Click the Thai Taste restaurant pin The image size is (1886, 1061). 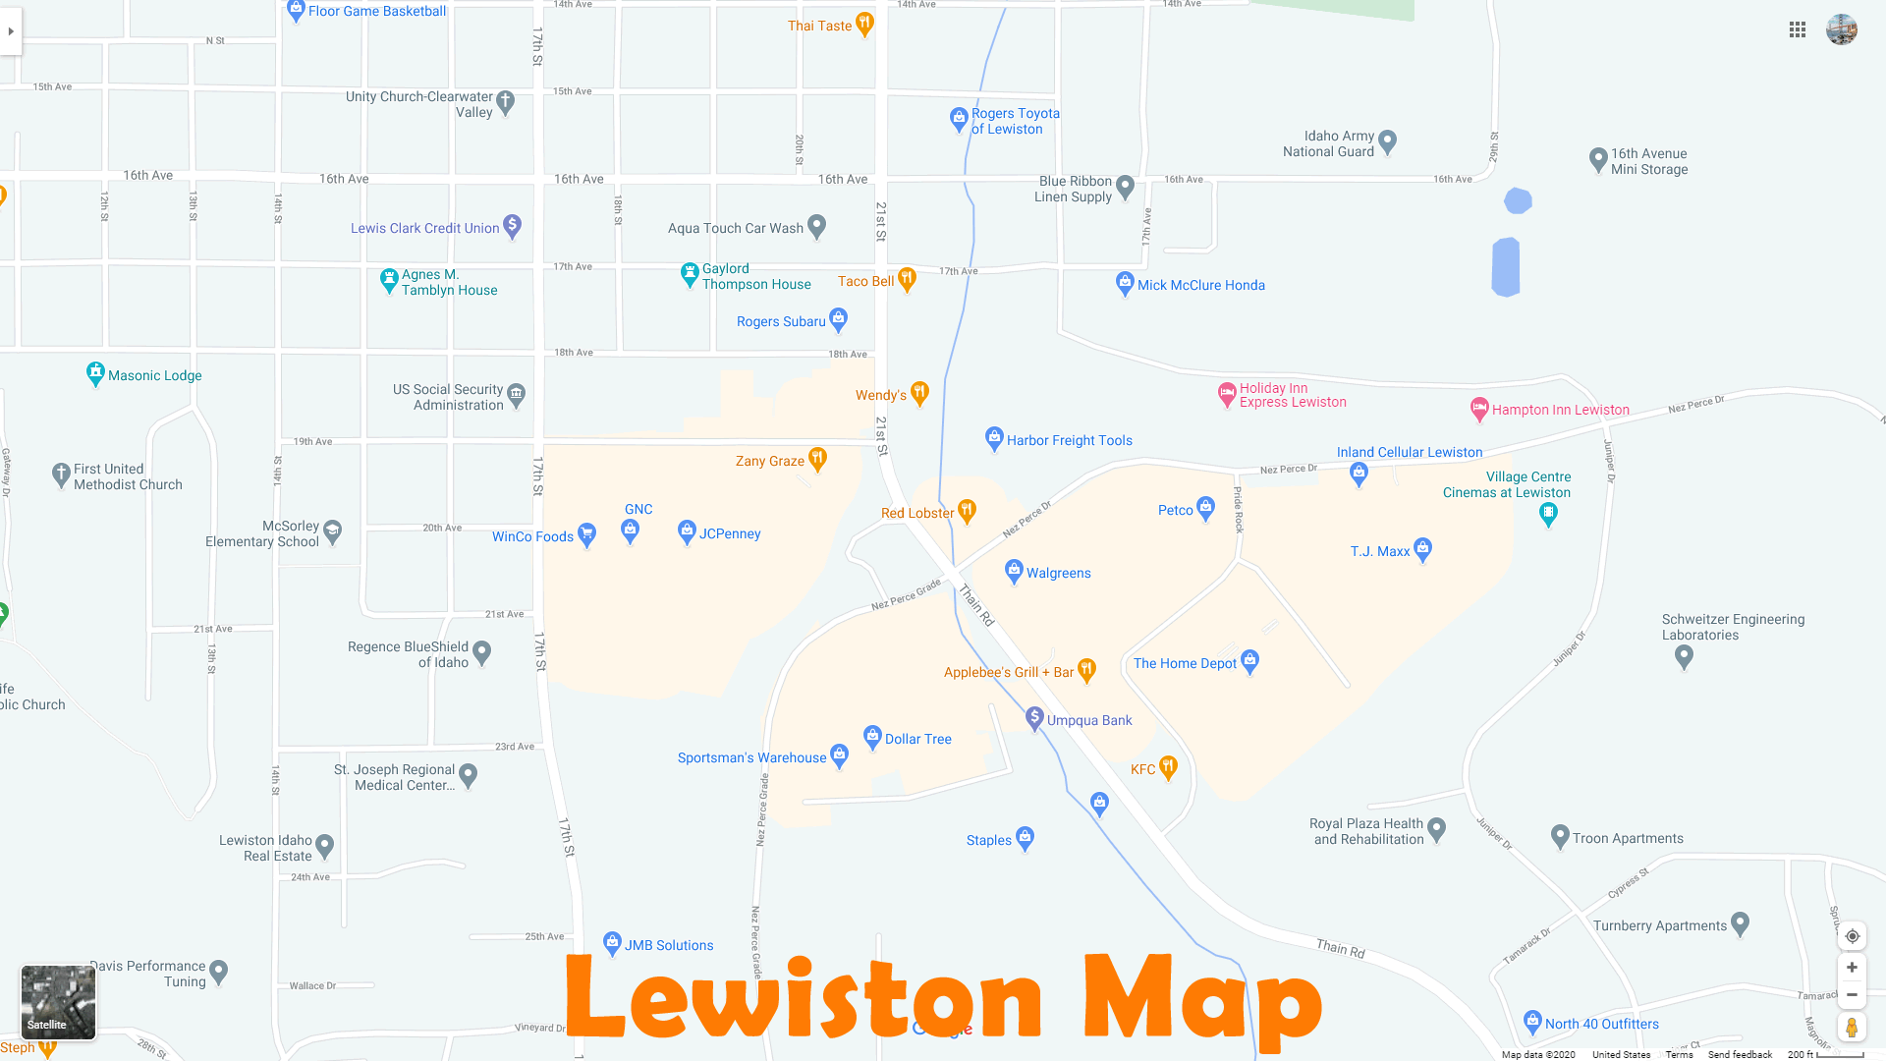[x=864, y=23]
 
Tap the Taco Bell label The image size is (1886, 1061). [x=865, y=282]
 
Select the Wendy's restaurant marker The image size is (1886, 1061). [x=919, y=392]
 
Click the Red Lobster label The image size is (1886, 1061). [x=916, y=514]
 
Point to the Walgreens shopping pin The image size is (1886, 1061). [x=1014, y=570]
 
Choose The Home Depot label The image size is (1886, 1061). [x=1185, y=664]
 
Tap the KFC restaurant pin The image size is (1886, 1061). [x=1168, y=766]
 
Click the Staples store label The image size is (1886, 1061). [x=988, y=841]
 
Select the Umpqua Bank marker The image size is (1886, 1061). [x=1034, y=718]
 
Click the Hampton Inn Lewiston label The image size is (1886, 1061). [x=1560, y=411]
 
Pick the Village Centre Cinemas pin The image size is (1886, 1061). [x=1548, y=513]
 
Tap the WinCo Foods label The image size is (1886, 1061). [x=532, y=537]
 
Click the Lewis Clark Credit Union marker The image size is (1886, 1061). [x=512, y=226]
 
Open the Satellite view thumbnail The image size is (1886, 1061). [x=59, y=1002]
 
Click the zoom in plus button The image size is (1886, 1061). [x=1852, y=968]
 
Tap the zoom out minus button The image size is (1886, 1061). [x=1852, y=995]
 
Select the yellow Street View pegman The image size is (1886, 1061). [x=1852, y=1028]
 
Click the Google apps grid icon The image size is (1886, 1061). [x=1798, y=30]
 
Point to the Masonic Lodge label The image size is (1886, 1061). [x=154, y=376]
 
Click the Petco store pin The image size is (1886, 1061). [x=1206, y=508]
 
